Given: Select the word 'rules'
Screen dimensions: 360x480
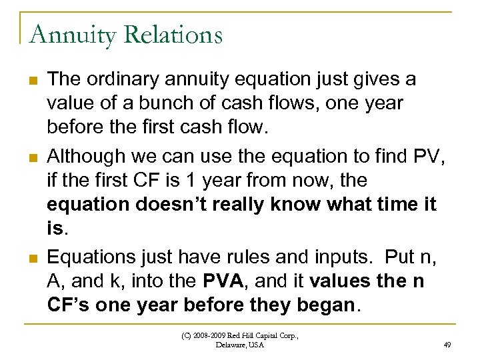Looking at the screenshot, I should pos(220,257).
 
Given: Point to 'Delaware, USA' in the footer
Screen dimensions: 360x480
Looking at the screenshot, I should pos(240,345).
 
